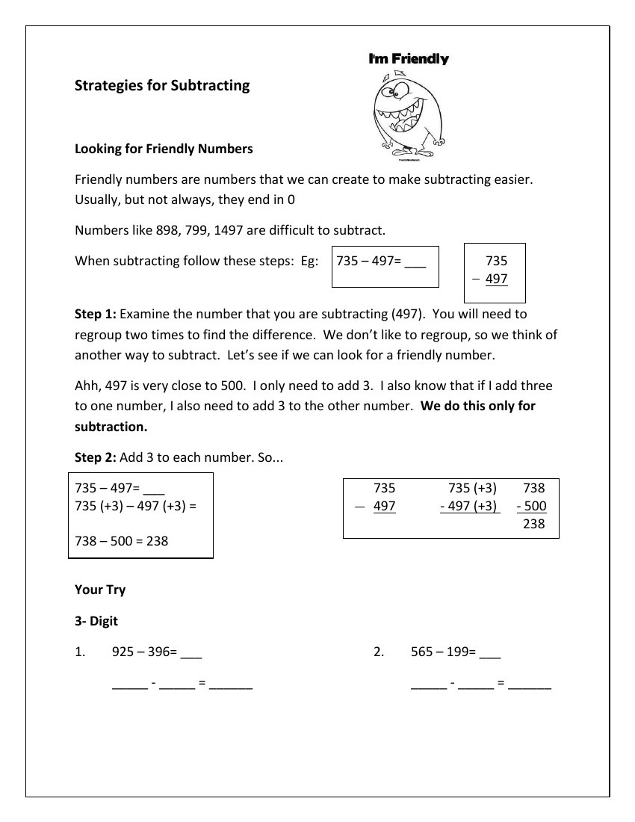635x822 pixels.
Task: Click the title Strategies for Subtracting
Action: click(x=162, y=85)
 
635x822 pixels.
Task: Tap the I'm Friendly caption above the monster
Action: click(x=409, y=59)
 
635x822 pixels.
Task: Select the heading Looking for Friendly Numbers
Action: click(x=164, y=149)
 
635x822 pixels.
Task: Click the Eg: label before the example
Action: click(x=309, y=262)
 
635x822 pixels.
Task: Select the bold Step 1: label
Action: click(x=95, y=314)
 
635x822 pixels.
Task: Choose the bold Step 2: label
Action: click(x=95, y=457)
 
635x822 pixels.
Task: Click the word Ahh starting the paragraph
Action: click(x=87, y=386)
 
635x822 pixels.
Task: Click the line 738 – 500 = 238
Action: click(x=122, y=541)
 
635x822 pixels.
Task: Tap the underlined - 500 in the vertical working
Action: click(x=532, y=506)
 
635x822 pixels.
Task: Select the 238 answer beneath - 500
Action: click(x=534, y=524)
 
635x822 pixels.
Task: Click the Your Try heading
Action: click(x=100, y=590)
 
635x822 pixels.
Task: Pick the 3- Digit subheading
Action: click(x=96, y=621)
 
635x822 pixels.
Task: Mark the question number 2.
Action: click(x=378, y=652)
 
